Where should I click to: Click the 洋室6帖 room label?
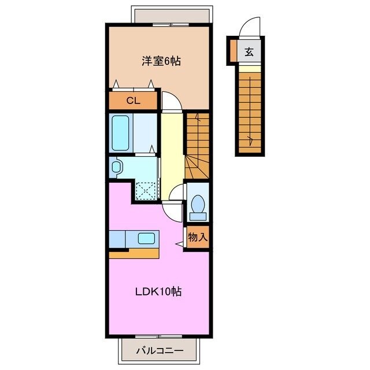(157, 61)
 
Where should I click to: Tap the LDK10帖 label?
(158, 292)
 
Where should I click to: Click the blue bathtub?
(121, 132)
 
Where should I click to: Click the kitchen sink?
(146, 238)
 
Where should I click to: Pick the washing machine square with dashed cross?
(146, 189)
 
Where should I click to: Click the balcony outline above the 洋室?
(172, 14)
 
